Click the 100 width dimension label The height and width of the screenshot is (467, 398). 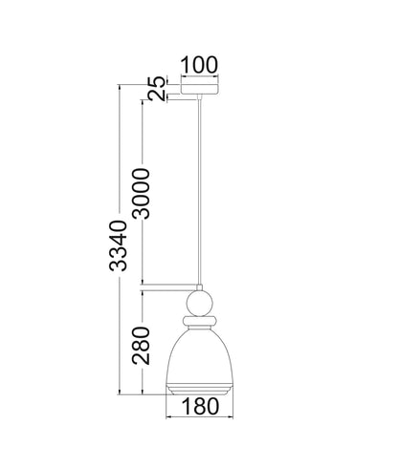coord(199,65)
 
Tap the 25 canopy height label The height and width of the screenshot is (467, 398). coord(157,88)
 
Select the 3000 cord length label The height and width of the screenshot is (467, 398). coord(141,194)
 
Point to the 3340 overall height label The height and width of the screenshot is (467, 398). coord(118,245)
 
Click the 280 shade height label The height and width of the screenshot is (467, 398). coord(141,346)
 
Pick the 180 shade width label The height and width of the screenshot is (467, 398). coord(200,406)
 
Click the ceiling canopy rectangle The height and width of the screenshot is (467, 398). coord(200,89)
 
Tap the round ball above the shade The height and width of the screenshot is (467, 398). coord(199,303)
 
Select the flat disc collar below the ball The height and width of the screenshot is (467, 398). coord(200,320)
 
